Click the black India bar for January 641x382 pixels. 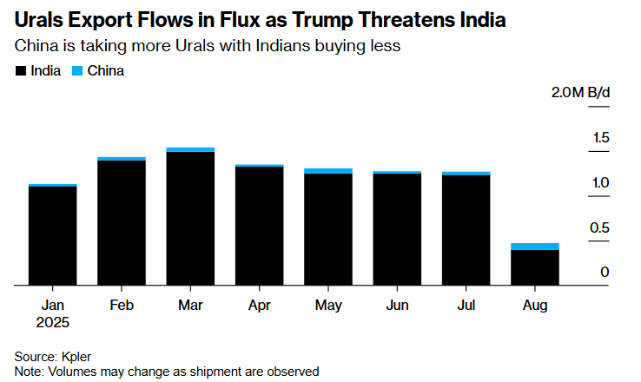[x=52, y=235]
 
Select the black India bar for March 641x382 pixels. [x=190, y=218]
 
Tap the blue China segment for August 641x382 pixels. [x=534, y=247]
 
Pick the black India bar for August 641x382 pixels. [x=534, y=267]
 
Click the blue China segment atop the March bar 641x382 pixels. [x=190, y=149]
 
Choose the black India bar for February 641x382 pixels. [x=122, y=222]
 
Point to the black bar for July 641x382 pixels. [x=466, y=230]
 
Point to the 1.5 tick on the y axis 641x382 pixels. [x=601, y=138]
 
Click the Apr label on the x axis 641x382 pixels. [x=259, y=305]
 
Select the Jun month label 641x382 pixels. [x=397, y=305]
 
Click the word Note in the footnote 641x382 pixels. [x=30, y=371]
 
